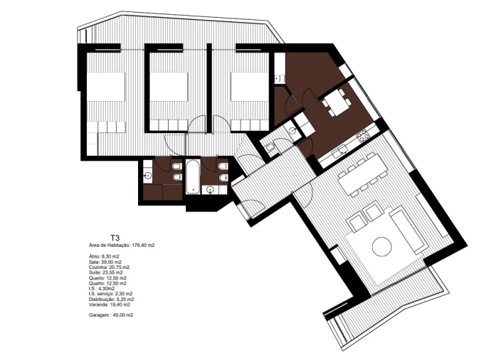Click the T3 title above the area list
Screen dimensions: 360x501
pyautogui.click(x=115, y=238)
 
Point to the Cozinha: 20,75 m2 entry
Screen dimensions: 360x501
pyautogui.click(x=110, y=267)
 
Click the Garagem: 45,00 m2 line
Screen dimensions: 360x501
pyautogui.click(x=111, y=314)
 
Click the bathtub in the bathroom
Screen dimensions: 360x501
pyautogui.click(x=192, y=176)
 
